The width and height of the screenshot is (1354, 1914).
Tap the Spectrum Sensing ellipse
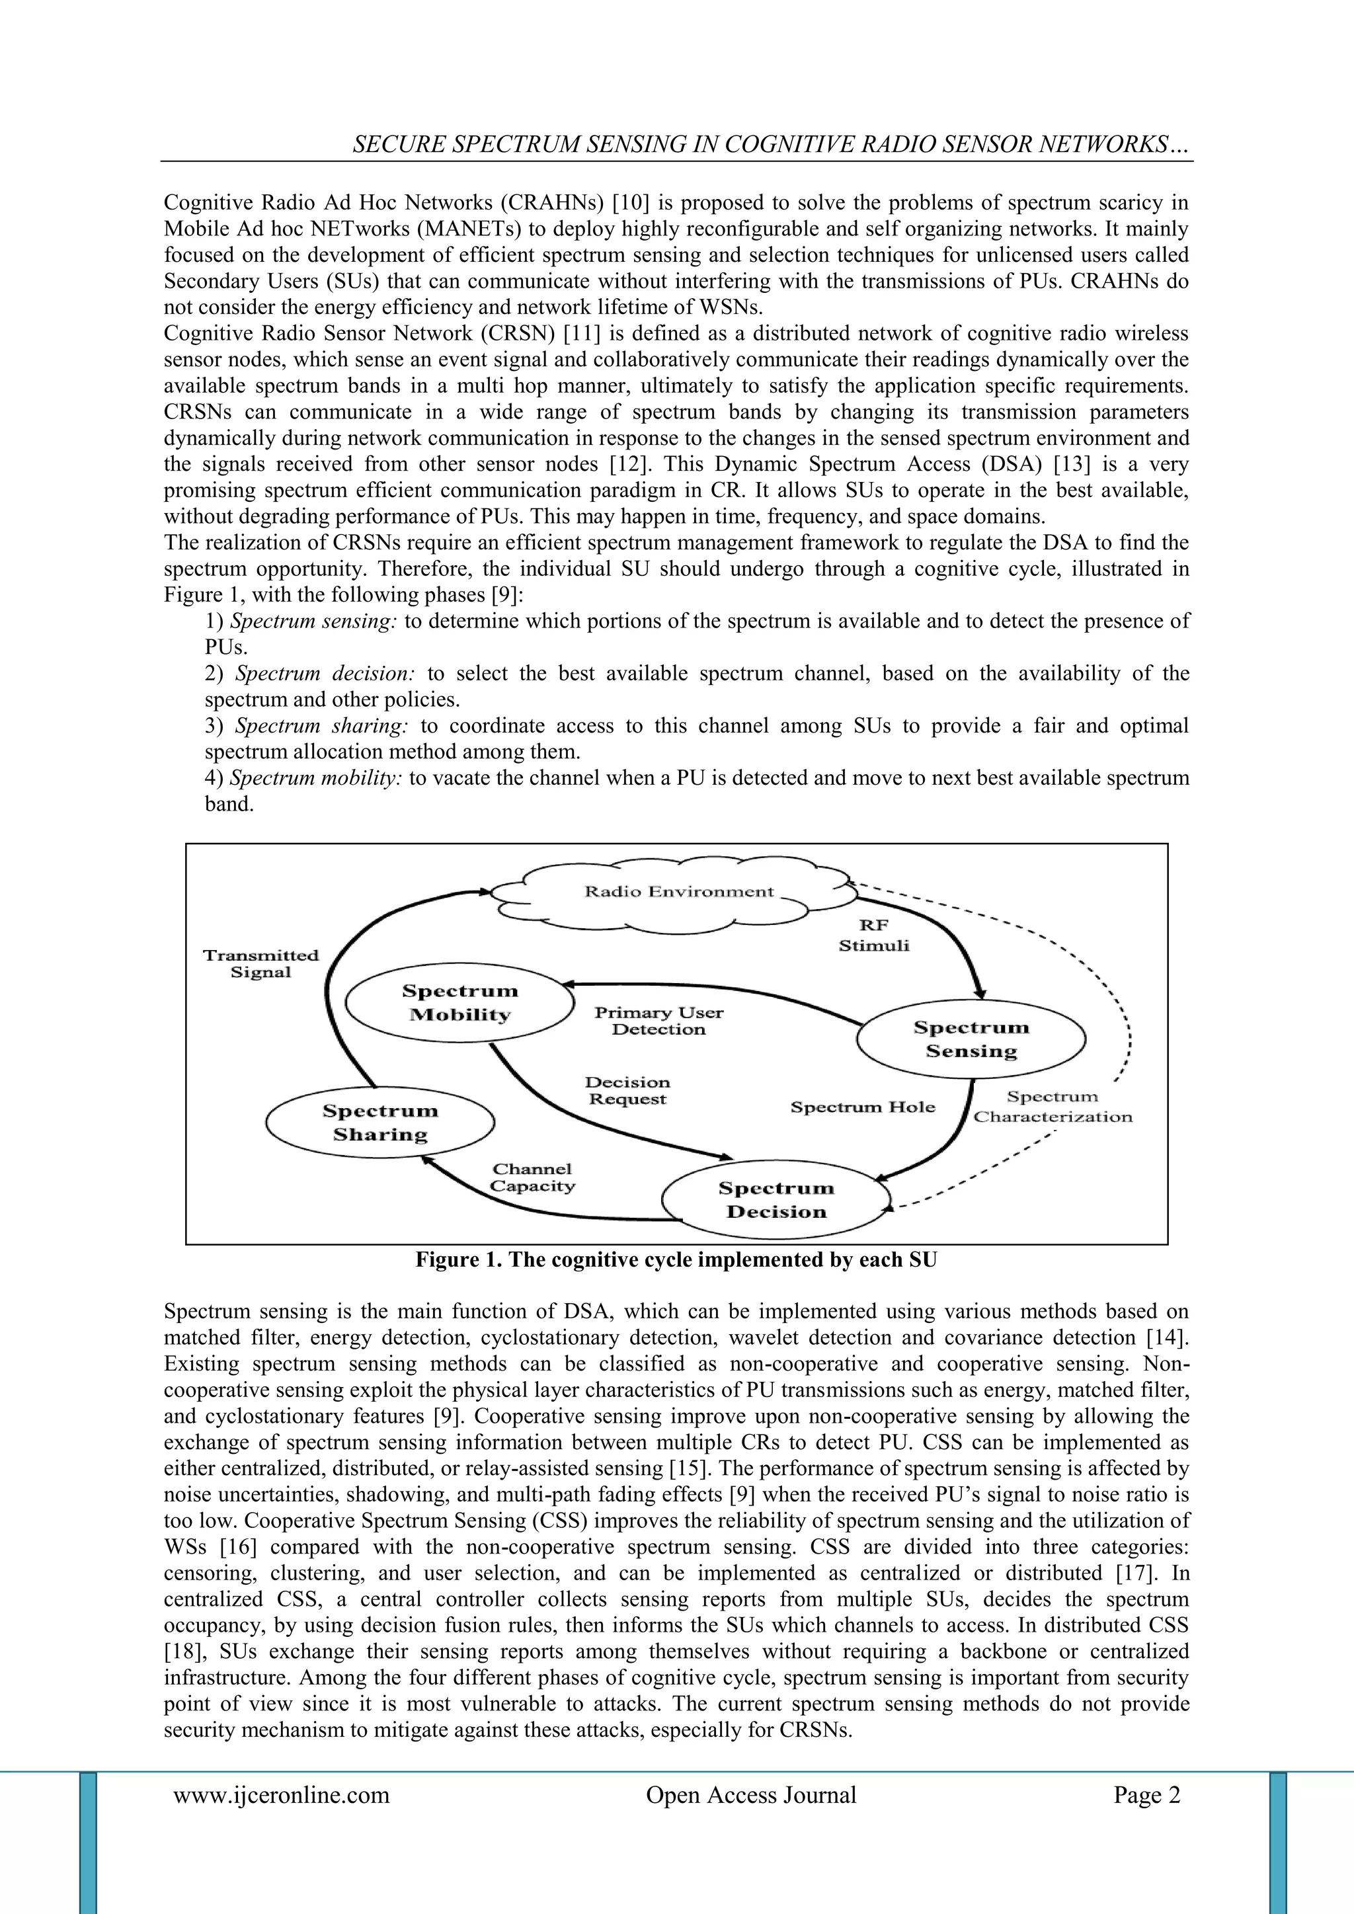971,1039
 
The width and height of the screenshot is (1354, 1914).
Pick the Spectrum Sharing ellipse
379,1122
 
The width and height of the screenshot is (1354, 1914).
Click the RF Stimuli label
874,936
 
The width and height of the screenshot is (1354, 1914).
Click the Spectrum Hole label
863,1107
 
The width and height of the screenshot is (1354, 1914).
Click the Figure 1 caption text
676,1259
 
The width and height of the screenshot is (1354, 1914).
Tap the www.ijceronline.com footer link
281,1795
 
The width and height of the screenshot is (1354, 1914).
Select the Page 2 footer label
1146,1795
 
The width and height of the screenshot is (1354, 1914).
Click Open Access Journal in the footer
750,1795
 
